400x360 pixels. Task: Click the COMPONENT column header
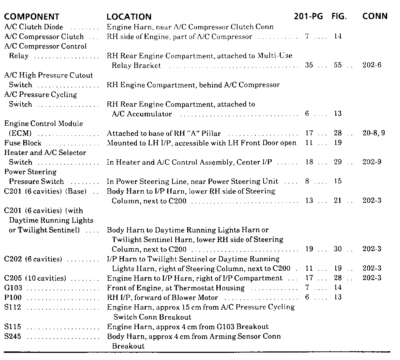(31, 17)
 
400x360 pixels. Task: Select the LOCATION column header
(129, 17)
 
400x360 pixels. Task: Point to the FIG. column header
(339, 17)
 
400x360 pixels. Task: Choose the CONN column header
(375, 17)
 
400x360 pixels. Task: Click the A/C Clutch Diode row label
(34, 27)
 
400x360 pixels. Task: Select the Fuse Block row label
(23, 143)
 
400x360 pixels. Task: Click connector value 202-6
(372, 66)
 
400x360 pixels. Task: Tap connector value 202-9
(372, 162)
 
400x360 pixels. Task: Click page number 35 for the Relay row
(309, 66)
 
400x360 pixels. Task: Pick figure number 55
(338, 66)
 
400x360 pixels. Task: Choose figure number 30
(338, 249)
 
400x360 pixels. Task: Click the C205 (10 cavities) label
(35, 278)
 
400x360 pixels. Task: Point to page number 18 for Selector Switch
(309, 162)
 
